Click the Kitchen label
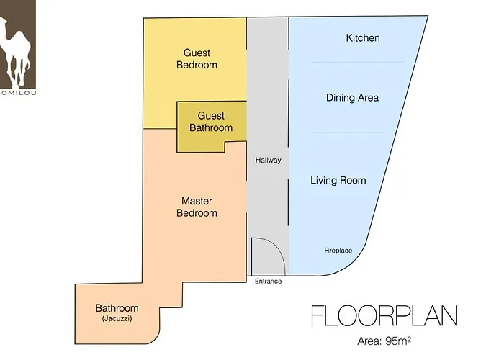[363, 38]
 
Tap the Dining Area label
[352, 98]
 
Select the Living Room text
[338, 180]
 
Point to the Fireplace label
[338, 251]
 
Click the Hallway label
[268, 160]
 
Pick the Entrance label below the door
[268, 282]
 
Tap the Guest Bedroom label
[197, 59]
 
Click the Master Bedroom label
[197, 207]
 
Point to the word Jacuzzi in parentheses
[117, 319]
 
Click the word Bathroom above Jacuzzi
[117, 308]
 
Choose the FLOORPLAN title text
[384, 316]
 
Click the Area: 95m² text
[384, 341]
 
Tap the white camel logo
[15, 53]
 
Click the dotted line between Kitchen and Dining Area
[357, 63]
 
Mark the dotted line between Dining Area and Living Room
[348, 132]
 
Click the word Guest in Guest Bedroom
[197, 53]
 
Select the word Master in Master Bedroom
[197, 201]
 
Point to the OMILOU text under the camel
[18, 93]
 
